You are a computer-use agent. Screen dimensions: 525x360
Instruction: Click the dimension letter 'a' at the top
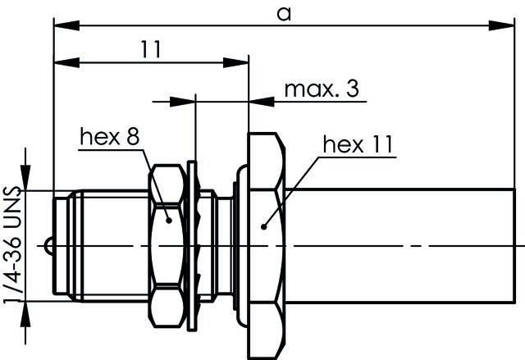pyautogui.click(x=284, y=14)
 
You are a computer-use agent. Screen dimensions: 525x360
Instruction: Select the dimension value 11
pyautogui.click(x=151, y=49)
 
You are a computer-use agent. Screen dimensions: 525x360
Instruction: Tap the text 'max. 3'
pyautogui.click(x=322, y=89)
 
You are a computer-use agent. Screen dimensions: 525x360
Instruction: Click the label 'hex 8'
pyautogui.click(x=110, y=136)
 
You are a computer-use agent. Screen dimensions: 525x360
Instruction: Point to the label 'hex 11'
pyautogui.click(x=358, y=144)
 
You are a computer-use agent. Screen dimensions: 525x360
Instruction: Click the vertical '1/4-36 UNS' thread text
pyautogui.click(x=13, y=245)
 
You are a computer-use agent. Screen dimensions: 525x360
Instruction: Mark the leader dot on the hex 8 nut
pyautogui.click(x=169, y=220)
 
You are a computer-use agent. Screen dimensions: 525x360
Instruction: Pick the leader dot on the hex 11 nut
pyautogui.click(x=264, y=227)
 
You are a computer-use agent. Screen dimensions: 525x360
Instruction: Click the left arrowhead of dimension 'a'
pyautogui.click(x=66, y=25)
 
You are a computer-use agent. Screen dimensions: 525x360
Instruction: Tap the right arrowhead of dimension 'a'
pyautogui.click(x=501, y=25)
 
